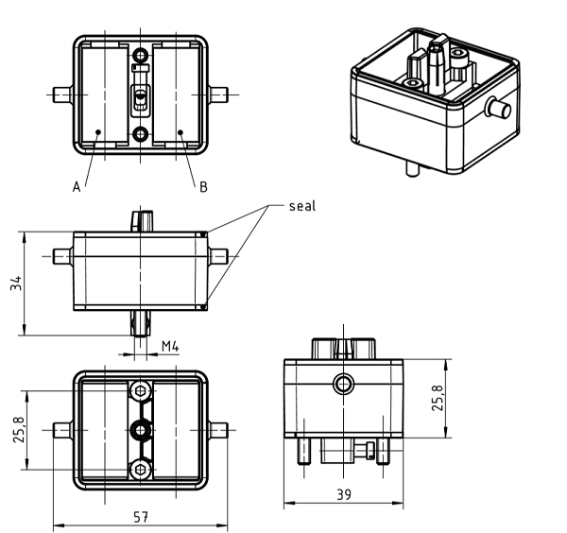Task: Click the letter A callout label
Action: coord(77,187)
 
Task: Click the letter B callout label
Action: coord(202,187)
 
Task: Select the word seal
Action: coord(302,206)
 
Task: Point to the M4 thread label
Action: coord(171,346)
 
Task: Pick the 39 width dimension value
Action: coord(344,495)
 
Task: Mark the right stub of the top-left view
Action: coord(219,95)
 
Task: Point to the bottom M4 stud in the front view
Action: coord(141,324)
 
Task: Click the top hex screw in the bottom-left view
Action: coord(141,392)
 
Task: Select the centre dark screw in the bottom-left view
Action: coord(141,431)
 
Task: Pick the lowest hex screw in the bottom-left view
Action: coord(141,470)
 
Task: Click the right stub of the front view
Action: coord(219,256)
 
